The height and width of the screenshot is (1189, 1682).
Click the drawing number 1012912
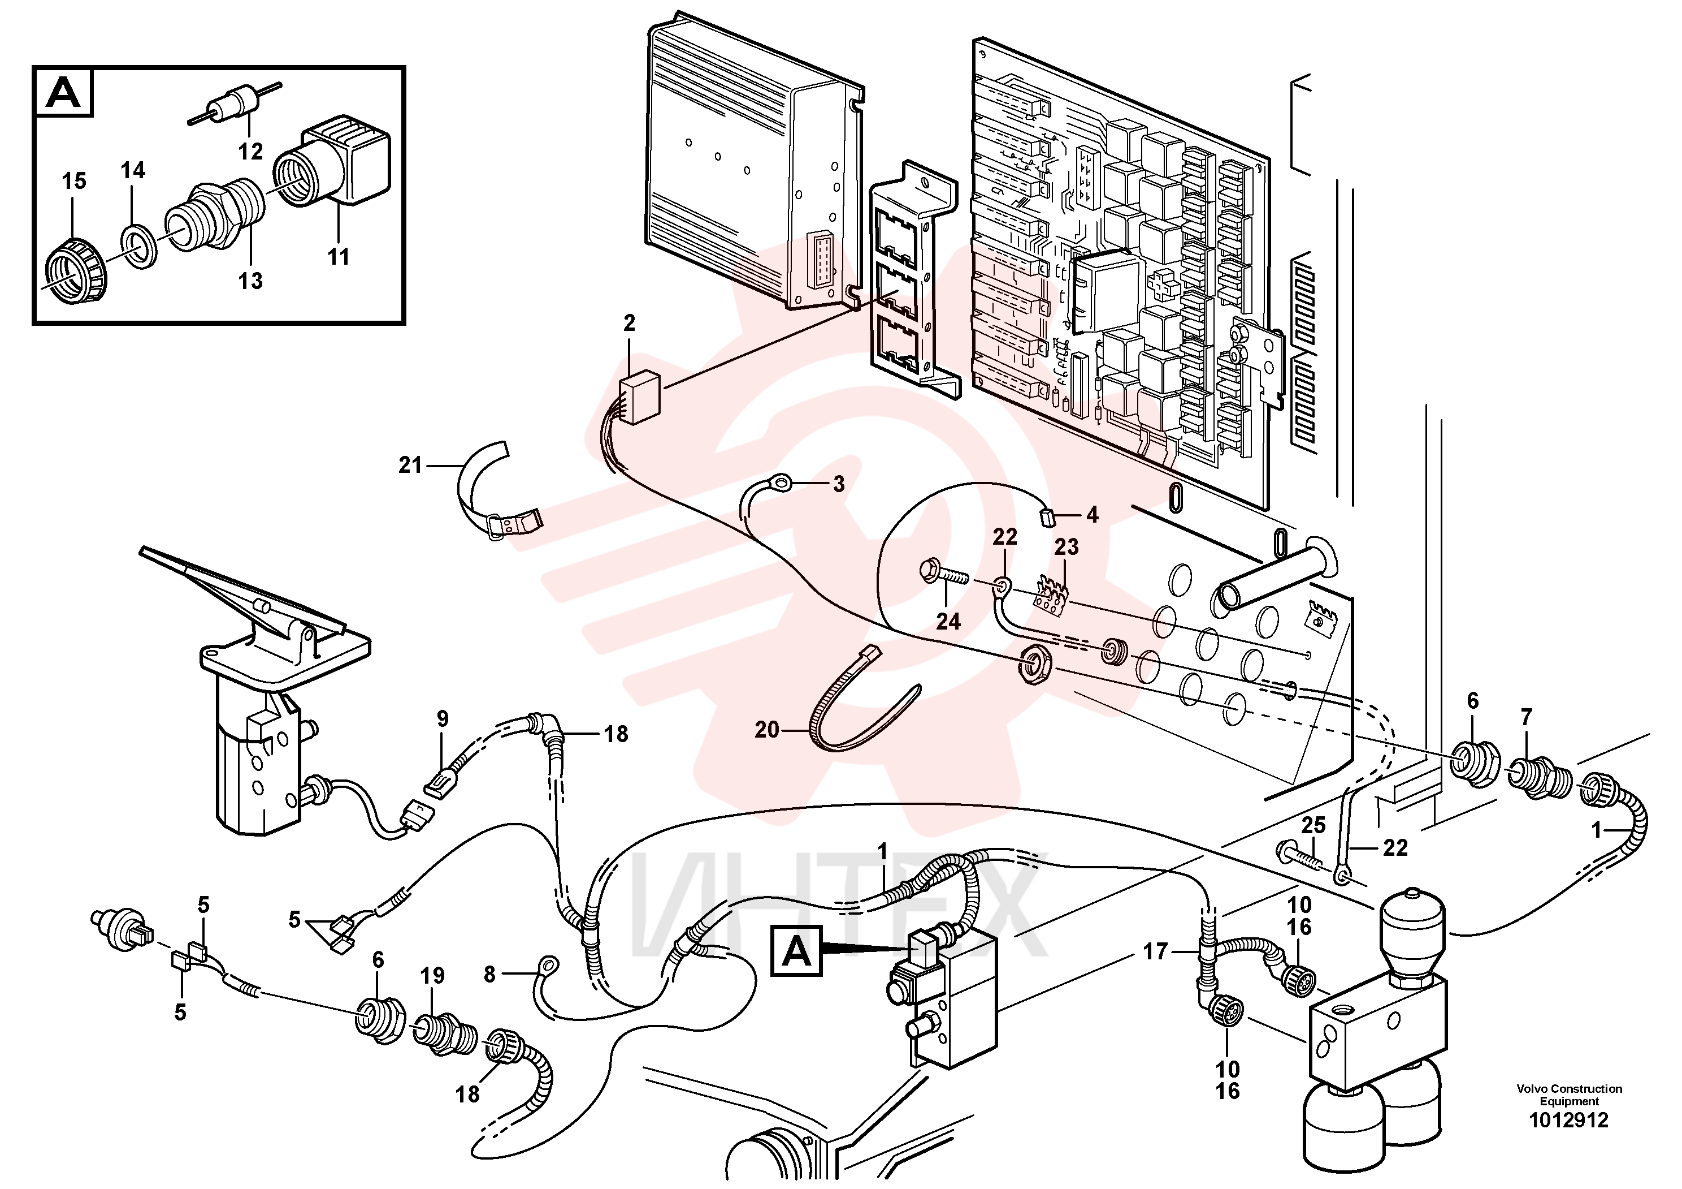pos(1568,1120)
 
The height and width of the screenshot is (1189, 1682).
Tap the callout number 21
pos(410,465)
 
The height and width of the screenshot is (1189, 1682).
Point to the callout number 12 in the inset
pos(250,151)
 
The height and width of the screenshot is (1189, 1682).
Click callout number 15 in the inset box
pos(74,180)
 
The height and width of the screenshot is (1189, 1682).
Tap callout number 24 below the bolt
pos(948,622)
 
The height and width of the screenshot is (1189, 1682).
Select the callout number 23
pos(1067,547)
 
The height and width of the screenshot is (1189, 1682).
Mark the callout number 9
pos(443,719)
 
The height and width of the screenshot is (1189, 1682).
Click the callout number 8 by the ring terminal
pos(489,974)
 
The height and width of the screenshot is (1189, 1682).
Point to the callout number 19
pos(432,976)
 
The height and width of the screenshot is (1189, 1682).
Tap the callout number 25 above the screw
pos(1313,825)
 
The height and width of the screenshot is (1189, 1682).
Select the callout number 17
pos(1155,952)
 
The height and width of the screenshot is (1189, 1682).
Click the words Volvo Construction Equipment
pos(1569,1095)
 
